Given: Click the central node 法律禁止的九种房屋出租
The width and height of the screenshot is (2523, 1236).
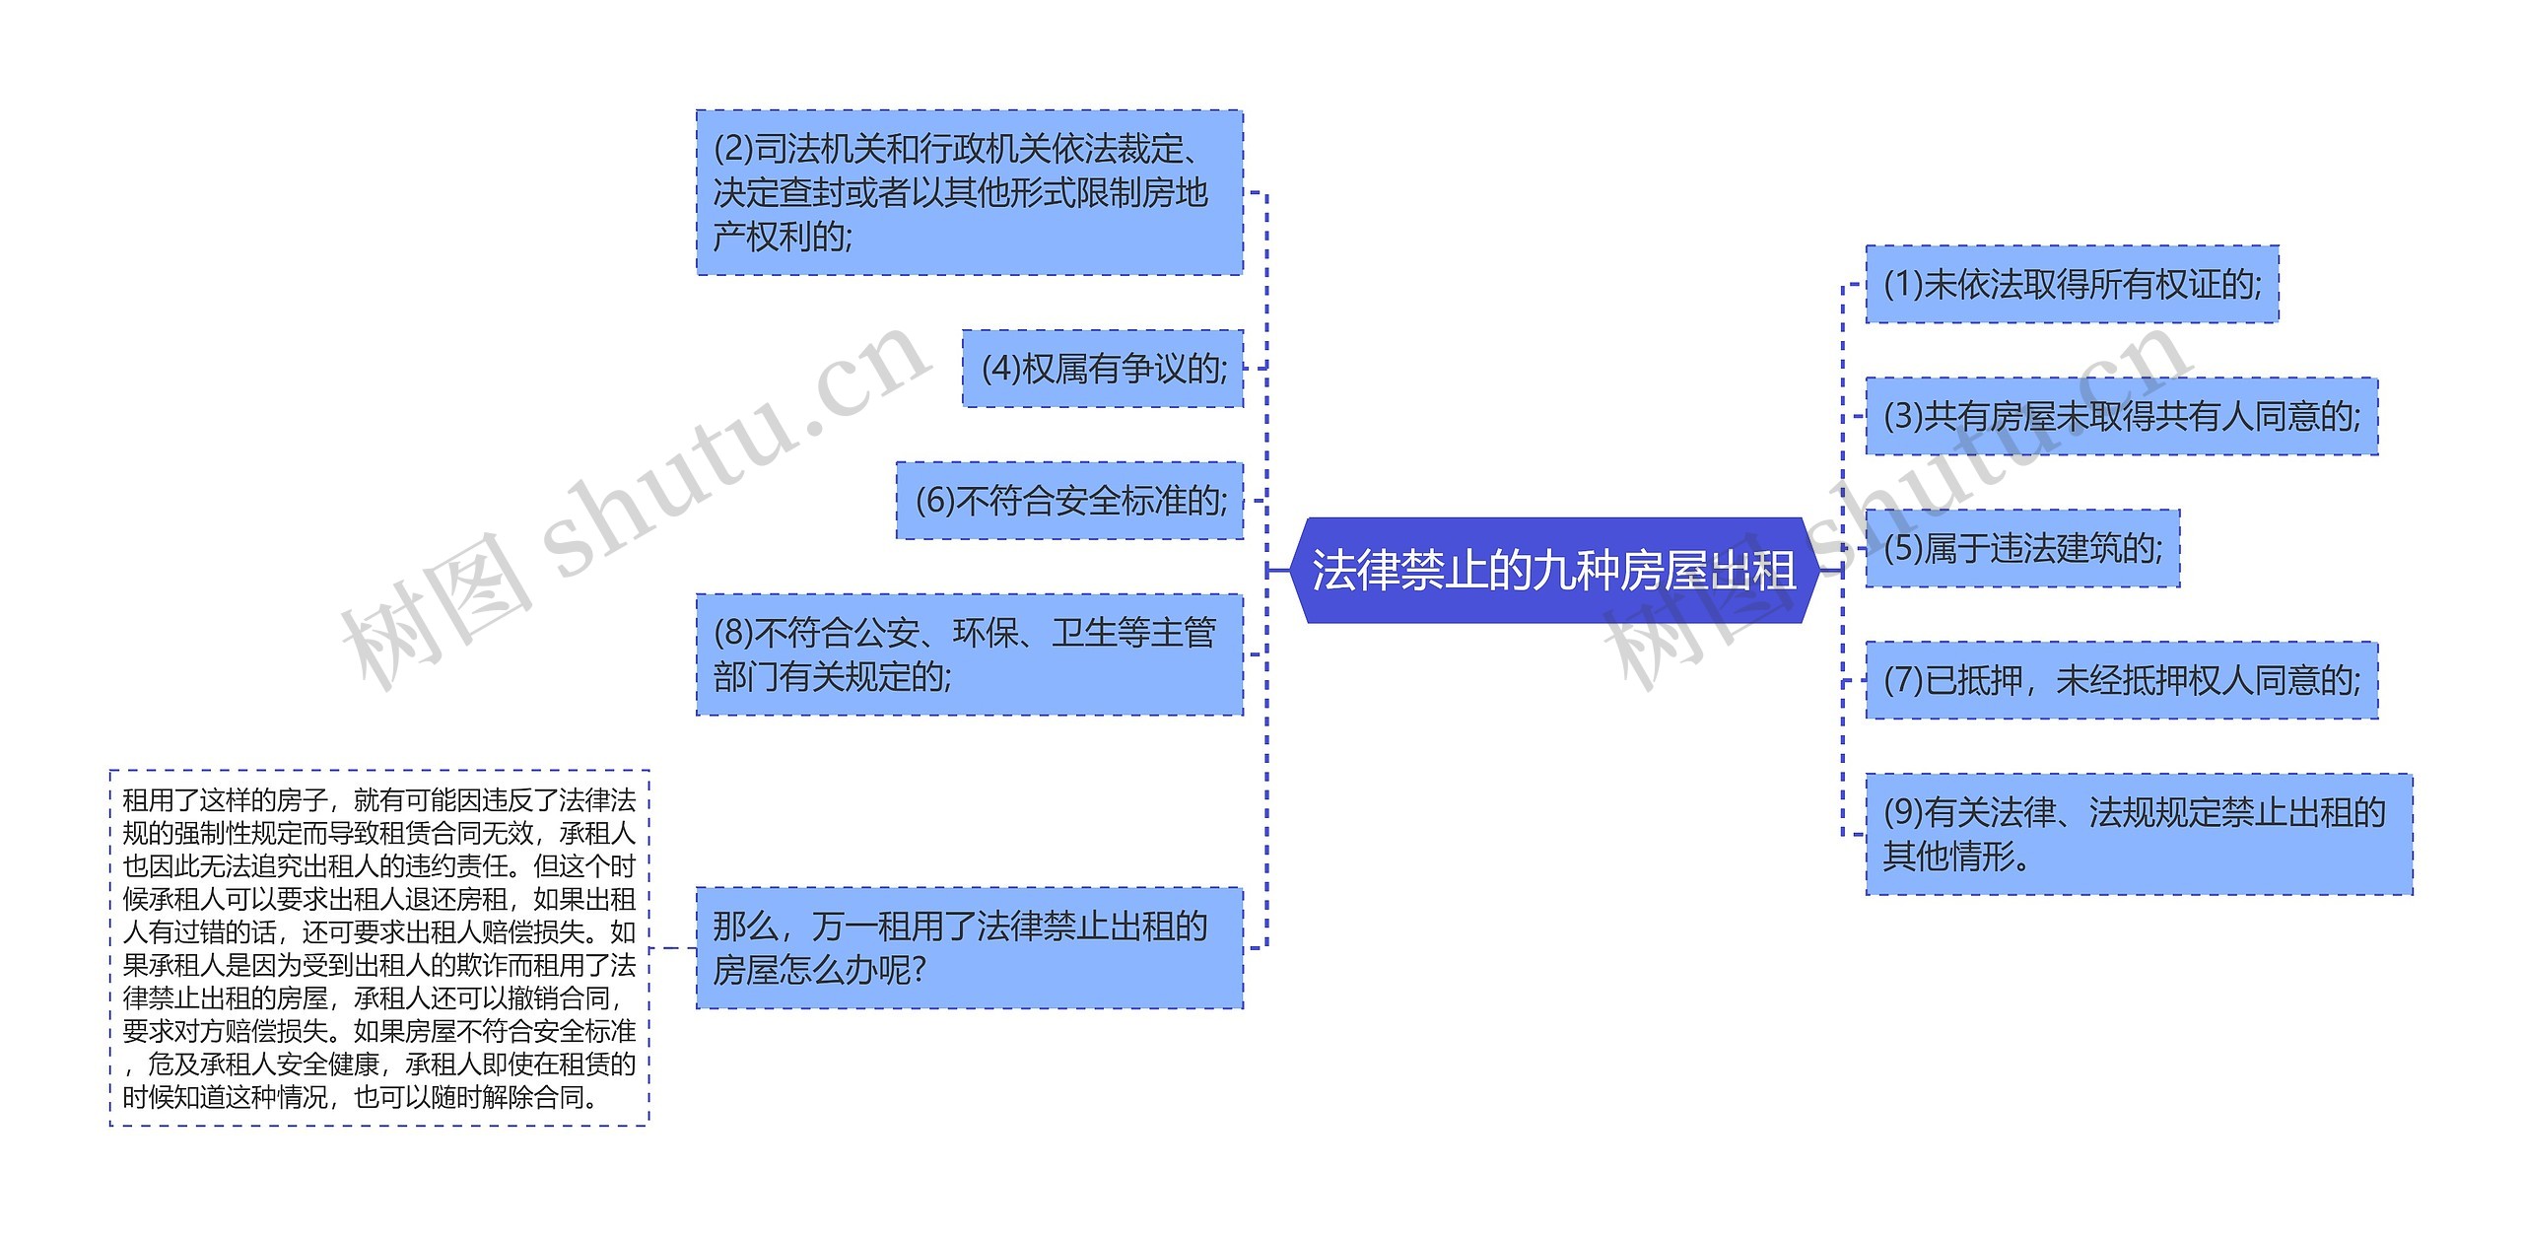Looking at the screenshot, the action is pos(1552,571).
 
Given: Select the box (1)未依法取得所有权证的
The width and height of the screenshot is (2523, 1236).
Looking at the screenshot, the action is pos(2072,285).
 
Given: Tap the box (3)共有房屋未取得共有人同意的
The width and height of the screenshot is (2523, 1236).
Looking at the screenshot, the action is pos(2121,417).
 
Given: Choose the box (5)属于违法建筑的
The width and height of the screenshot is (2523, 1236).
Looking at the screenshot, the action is pos(2022,549).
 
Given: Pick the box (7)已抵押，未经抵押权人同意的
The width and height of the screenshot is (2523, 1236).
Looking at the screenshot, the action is pos(2121,680).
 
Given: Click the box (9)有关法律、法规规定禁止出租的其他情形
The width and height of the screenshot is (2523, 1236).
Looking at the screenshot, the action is pos(2139,835).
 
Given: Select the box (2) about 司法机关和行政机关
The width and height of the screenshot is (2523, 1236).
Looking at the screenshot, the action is pos(969,193).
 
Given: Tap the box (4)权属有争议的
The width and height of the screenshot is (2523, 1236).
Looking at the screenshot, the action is pos(1102,370).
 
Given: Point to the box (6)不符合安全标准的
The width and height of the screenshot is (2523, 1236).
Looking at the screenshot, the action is pos(1069,501).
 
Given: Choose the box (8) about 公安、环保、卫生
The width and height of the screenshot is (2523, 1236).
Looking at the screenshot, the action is pos(969,654).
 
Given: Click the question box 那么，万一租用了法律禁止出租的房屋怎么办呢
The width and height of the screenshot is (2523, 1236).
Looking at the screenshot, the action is pos(969,948).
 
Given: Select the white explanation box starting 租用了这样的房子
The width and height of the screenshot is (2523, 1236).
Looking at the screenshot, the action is pos(379,948).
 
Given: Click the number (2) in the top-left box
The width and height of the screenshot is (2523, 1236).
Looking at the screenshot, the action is pos(733,150).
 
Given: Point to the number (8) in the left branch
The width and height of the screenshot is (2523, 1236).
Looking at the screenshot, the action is pos(733,633).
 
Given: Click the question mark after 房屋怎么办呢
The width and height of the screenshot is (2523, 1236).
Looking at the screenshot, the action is pos(920,971).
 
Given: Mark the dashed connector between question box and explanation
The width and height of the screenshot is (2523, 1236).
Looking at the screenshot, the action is pos(673,948).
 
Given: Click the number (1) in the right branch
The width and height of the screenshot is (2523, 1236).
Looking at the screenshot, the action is pos(1902,285).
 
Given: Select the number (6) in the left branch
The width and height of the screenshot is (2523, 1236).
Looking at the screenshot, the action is pos(934,501).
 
